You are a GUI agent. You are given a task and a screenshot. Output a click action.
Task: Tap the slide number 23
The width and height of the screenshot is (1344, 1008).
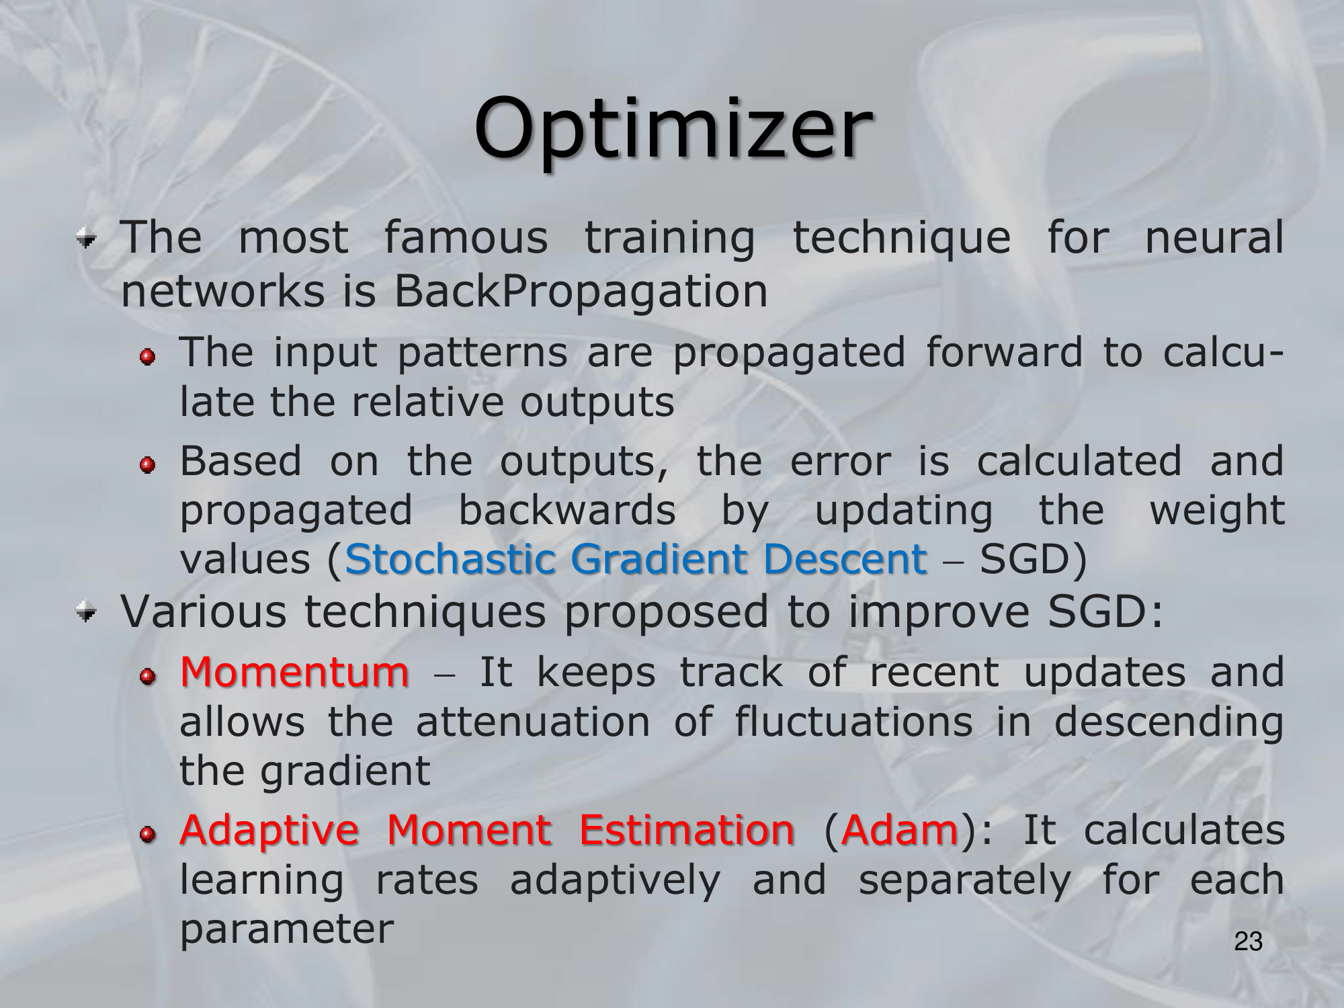[1249, 941]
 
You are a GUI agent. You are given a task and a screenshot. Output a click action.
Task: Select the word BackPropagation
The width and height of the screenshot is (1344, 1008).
[581, 292]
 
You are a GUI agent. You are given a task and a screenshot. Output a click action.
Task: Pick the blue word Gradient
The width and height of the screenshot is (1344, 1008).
[659, 559]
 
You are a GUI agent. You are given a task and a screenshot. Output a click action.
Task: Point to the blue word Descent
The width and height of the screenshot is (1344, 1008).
[845, 559]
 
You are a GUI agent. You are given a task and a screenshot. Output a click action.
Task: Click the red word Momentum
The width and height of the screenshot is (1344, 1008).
[294, 672]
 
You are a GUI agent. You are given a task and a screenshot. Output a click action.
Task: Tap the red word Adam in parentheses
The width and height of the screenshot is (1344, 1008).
[899, 830]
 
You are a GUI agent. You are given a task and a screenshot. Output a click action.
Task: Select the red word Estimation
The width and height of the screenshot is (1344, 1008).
[687, 830]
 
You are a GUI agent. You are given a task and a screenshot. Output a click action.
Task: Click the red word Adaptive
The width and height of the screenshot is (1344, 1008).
[269, 831]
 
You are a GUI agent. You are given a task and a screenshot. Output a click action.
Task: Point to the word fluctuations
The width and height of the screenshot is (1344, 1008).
[853, 722]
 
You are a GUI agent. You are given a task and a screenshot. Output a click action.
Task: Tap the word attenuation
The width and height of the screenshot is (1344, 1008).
[533, 722]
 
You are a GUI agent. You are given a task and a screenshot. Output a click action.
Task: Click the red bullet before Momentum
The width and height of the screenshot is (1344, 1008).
[148, 675]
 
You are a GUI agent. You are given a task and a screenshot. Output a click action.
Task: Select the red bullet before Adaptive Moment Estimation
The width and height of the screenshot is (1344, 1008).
[148, 834]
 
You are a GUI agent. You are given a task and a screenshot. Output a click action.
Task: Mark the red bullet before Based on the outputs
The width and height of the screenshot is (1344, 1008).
[148, 464]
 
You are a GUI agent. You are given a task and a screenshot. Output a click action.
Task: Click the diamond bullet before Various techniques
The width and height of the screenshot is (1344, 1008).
[86, 612]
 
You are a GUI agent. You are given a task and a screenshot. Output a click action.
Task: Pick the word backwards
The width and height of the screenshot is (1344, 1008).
[567, 510]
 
